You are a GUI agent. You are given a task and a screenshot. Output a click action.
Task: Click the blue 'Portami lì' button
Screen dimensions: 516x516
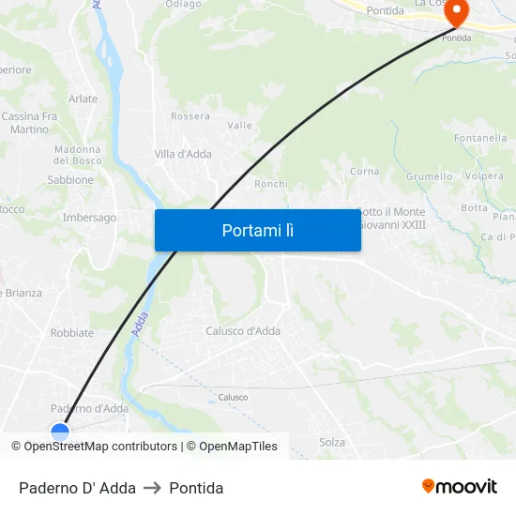tap(257, 230)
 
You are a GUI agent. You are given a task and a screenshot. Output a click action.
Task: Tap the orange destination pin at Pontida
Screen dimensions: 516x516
tap(456, 12)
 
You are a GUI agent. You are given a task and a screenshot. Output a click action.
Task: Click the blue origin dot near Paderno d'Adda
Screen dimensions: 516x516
tap(60, 433)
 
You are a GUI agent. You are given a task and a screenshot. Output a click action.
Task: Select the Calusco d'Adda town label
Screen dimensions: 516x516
tap(243, 330)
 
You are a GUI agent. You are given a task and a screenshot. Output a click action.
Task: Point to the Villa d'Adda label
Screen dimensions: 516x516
tap(183, 154)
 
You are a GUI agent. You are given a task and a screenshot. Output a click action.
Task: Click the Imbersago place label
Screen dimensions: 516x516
tap(89, 218)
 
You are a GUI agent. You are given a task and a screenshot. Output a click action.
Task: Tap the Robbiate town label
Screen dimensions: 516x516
tap(72, 332)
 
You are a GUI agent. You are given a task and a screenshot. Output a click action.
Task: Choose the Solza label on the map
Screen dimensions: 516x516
tap(332, 442)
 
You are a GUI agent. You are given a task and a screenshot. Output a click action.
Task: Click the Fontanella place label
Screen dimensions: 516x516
tap(480, 138)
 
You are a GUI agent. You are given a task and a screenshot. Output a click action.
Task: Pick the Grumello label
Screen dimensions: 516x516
tap(429, 176)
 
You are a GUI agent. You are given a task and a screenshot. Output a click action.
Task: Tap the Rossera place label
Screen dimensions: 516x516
tap(190, 116)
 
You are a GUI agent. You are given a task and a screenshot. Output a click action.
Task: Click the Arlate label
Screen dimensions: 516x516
tap(83, 99)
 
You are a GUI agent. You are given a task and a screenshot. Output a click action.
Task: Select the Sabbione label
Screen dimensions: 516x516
tap(70, 180)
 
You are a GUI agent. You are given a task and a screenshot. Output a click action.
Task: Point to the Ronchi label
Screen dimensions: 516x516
tap(271, 184)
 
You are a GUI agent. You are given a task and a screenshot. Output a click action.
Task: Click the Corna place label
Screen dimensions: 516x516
tap(364, 172)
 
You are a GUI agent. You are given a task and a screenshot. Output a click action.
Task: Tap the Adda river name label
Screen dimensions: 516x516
tap(140, 324)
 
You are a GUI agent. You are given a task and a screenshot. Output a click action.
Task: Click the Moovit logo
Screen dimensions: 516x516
tap(459, 486)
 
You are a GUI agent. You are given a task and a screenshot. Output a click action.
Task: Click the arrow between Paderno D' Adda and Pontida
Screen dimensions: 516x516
tap(152, 488)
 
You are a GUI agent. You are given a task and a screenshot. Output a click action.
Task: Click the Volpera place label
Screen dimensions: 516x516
tap(484, 175)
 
